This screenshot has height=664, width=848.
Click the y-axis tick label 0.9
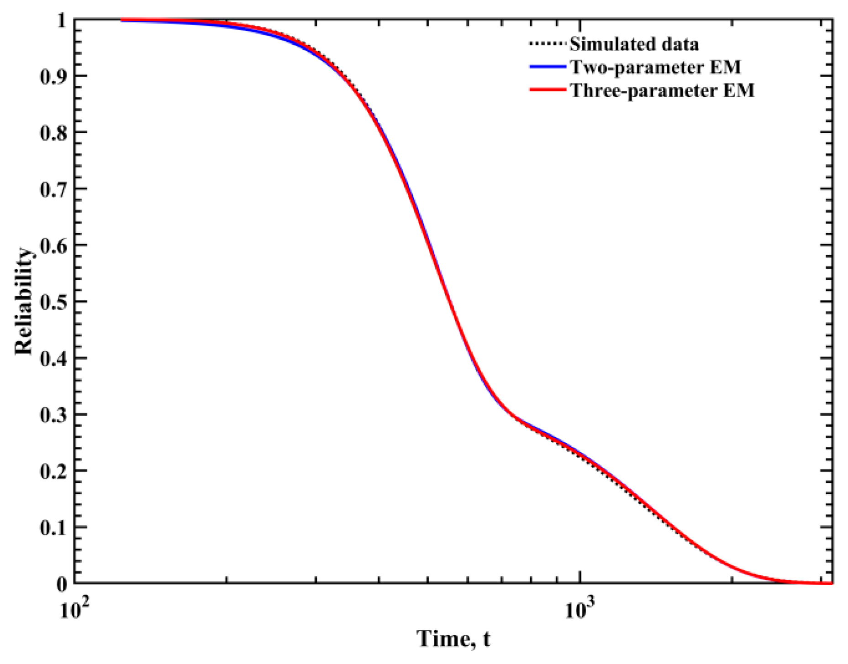(53, 76)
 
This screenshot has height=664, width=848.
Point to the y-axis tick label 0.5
(53, 302)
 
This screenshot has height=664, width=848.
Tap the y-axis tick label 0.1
(53, 528)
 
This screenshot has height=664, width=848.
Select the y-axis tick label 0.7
(53, 189)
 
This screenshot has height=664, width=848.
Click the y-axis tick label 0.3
(53, 415)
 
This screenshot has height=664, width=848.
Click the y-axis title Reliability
(24, 301)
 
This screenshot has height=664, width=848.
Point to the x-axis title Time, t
(453, 638)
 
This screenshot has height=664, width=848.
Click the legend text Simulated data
(634, 44)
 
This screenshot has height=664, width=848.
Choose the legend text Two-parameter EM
(655, 67)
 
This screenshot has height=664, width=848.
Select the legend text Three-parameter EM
(662, 90)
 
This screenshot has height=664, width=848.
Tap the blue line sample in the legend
(548, 67)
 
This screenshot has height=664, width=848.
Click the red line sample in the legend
(548, 90)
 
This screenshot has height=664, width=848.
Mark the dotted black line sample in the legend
(548, 44)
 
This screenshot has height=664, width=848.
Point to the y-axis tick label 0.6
(53, 246)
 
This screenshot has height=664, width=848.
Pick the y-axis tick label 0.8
(53, 133)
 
